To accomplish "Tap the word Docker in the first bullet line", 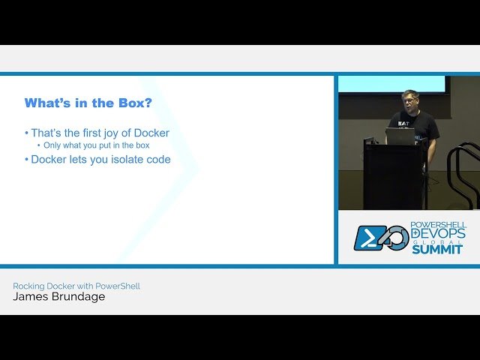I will (151, 133).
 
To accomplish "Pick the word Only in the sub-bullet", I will (53, 145).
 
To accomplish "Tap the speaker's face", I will (409, 100).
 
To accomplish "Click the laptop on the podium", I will (400, 136).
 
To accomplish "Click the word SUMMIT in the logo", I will (436, 249).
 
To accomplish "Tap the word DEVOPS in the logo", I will (438, 234).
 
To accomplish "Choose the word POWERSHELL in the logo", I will (438, 224).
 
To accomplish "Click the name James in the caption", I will (29, 296).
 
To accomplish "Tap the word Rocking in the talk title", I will (28, 286).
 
